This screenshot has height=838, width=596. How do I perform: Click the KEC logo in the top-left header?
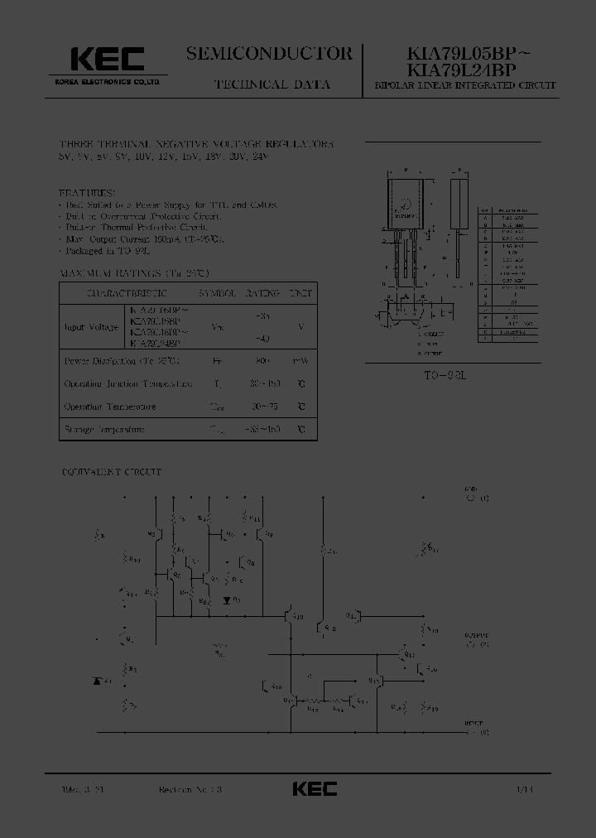click(107, 59)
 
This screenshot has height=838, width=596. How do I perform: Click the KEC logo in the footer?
click(315, 789)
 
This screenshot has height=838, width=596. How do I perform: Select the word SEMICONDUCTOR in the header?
click(269, 54)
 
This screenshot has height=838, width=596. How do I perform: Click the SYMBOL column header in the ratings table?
click(219, 293)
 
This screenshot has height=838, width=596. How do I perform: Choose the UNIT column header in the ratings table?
click(300, 293)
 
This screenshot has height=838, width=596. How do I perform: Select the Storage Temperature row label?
click(104, 430)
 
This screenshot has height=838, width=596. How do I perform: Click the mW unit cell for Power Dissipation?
click(300, 361)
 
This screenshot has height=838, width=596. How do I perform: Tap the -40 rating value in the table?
click(264, 338)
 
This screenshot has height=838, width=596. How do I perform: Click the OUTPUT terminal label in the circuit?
click(476, 639)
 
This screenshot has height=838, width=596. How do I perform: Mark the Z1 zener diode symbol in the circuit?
click(98, 681)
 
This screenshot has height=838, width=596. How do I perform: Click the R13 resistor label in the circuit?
click(314, 706)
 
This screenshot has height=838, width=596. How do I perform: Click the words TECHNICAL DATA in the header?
click(272, 84)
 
